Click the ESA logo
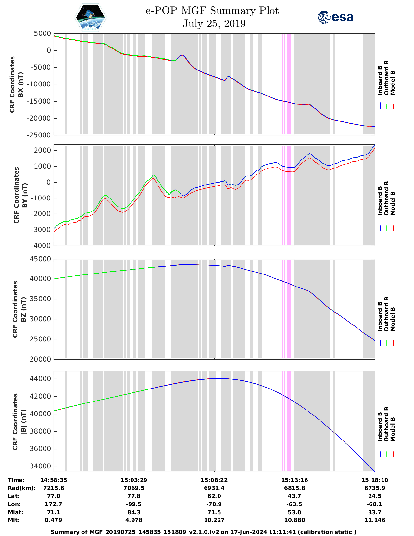coord(335,17)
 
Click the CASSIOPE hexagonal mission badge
coord(91,17)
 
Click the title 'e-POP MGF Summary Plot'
coord(212,11)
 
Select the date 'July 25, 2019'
coord(214,24)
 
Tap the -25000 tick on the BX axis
coord(42,135)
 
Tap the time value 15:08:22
coord(214,480)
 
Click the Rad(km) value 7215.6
coord(54,488)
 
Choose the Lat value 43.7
coord(294,496)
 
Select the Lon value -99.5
coord(134,504)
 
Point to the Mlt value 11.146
coord(374,520)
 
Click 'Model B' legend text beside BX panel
coord(393,83)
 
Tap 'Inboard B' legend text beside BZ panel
coord(380,316)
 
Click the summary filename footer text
coord(204,532)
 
